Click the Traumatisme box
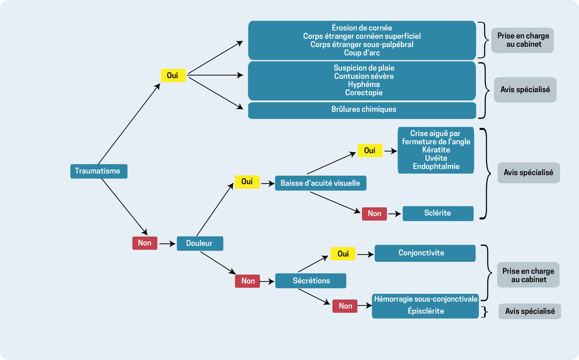(x=99, y=171)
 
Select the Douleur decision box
(x=199, y=243)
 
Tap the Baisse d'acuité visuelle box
(x=320, y=183)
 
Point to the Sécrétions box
(x=311, y=281)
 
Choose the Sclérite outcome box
(x=437, y=213)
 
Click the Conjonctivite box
(x=425, y=253)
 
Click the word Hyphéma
(x=364, y=85)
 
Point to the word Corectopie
(x=364, y=93)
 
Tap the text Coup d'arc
(x=362, y=53)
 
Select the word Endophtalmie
(x=436, y=166)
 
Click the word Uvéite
(x=436, y=158)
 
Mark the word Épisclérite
(x=425, y=311)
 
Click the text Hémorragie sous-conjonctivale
(x=425, y=299)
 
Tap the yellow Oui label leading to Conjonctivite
(x=343, y=254)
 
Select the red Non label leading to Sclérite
(x=374, y=213)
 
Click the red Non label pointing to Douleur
(x=145, y=243)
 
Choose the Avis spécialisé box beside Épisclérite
(x=529, y=311)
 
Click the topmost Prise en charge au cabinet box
(x=522, y=40)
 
